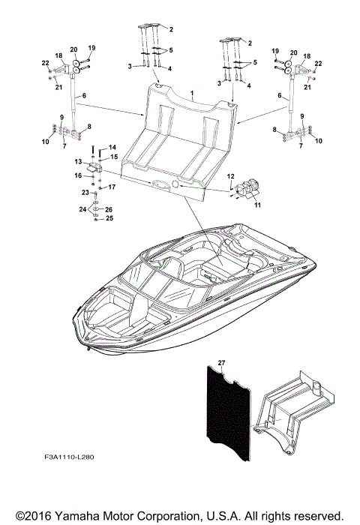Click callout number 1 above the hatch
pyautogui.click(x=192, y=95)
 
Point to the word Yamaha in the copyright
pyautogui.click(x=81, y=515)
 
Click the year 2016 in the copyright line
pyautogui.click(x=43, y=515)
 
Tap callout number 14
pyautogui.click(x=112, y=147)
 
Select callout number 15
pyautogui.click(x=115, y=157)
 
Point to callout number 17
pyautogui.click(x=112, y=187)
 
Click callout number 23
pyautogui.click(x=85, y=193)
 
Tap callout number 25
pyautogui.click(x=109, y=218)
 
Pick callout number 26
pyautogui.click(x=109, y=209)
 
